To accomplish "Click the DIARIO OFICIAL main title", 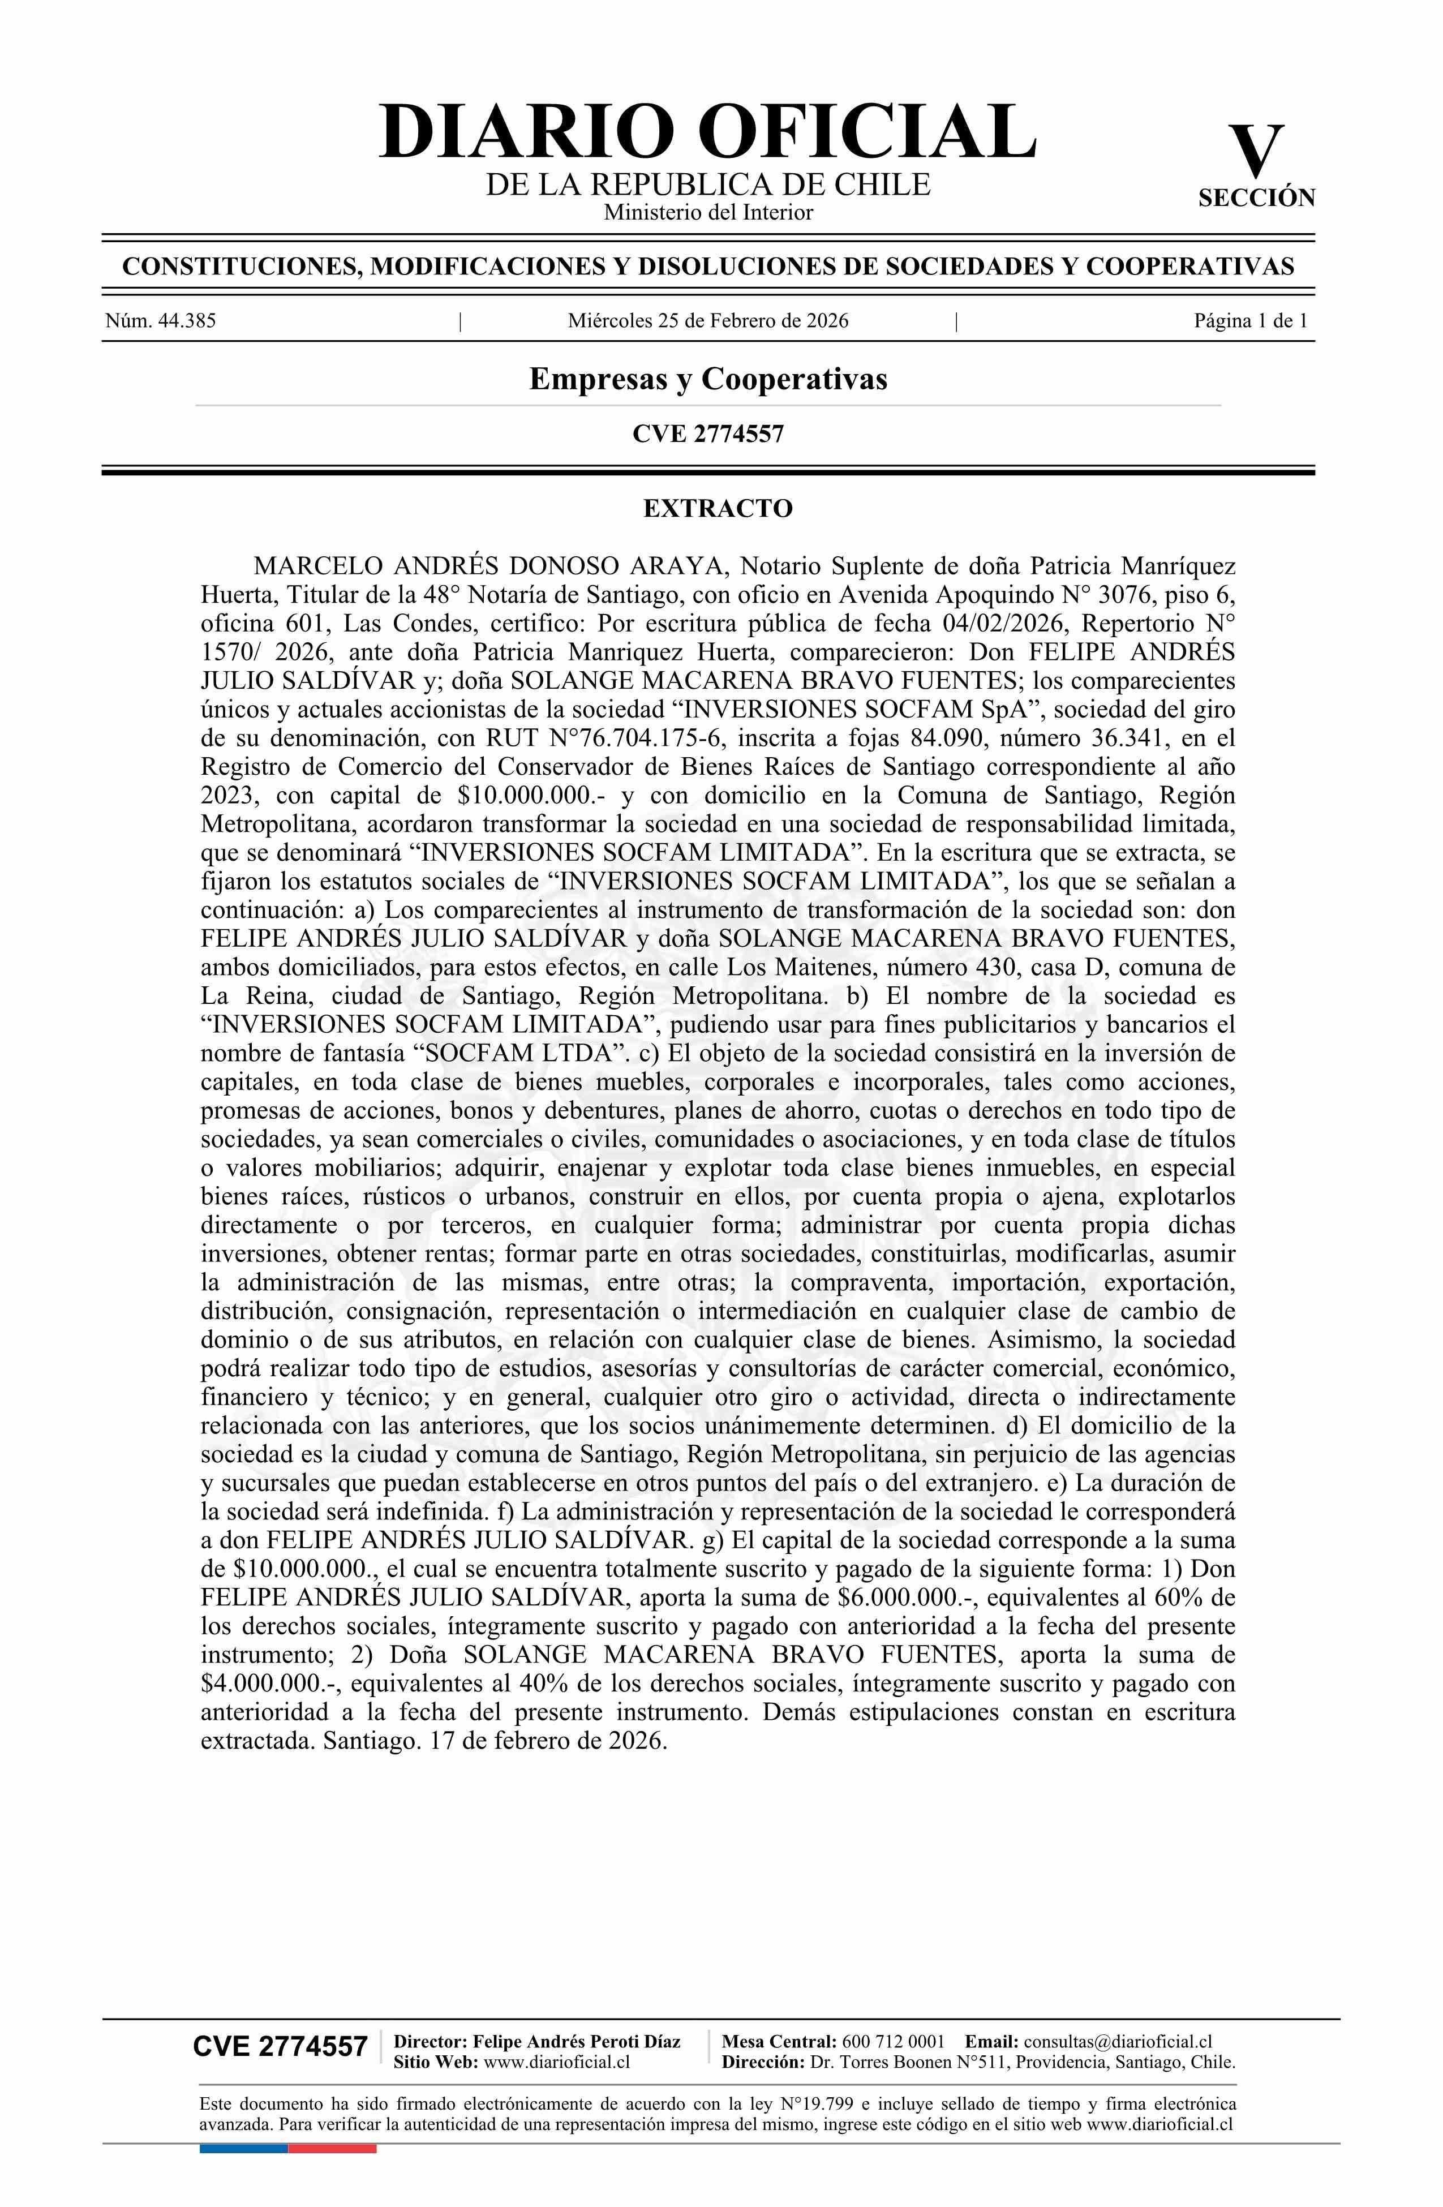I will click(x=707, y=132).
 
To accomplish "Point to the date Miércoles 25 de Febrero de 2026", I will click(x=707, y=322).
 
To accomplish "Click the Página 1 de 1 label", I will click(x=1250, y=322).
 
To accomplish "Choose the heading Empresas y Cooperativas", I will click(x=707, y=379).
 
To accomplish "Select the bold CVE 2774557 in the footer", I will click(x=280, y=2047).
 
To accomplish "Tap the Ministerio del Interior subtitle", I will click(x=707, y=212).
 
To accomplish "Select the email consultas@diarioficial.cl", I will click(x=1118, y=2041).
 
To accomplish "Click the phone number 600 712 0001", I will click(x=893, y=2041).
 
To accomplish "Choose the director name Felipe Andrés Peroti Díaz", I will click(x=576, y=2041).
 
